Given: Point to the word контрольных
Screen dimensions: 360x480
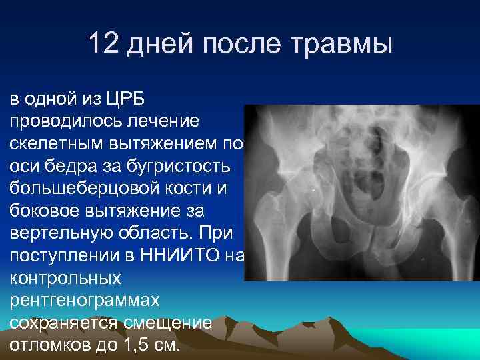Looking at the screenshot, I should (65, 279).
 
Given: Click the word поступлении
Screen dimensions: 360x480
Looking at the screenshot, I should (65, 257).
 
